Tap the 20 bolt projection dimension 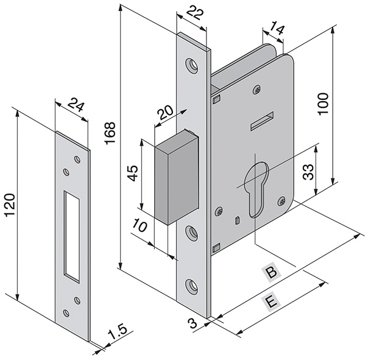(x=165, y=113)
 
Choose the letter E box (x=268, y=303)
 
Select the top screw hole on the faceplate (x=193, y=65)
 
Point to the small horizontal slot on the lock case (x=261, y=121)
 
